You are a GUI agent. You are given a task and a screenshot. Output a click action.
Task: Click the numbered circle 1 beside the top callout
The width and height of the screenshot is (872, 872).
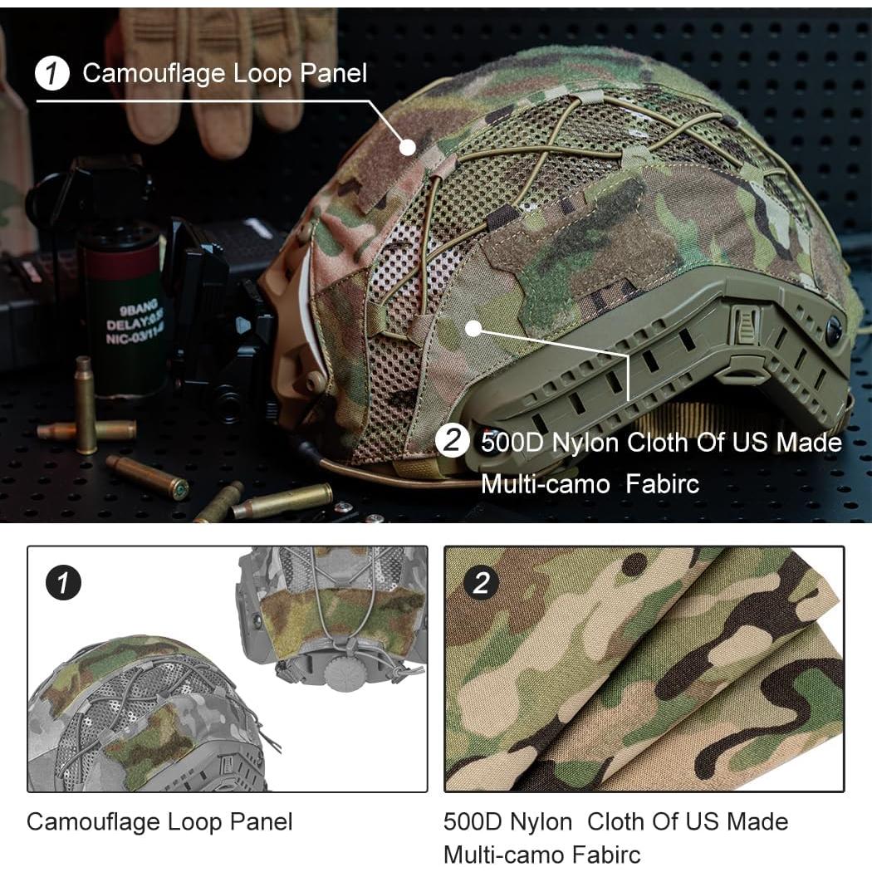(x=53, y=75)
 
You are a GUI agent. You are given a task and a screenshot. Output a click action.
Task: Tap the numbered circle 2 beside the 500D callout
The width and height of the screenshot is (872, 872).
(x=453, y=442)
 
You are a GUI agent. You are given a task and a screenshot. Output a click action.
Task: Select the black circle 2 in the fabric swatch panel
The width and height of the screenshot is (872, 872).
(x=482, y=584)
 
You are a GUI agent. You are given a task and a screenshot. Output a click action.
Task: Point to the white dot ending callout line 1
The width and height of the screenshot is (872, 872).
(x=407, y=147)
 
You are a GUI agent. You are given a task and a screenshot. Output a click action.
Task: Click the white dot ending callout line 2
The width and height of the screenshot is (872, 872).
(x=473, y=328)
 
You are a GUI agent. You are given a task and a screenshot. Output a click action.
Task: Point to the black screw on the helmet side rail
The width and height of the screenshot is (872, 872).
(x=833, y=331)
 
